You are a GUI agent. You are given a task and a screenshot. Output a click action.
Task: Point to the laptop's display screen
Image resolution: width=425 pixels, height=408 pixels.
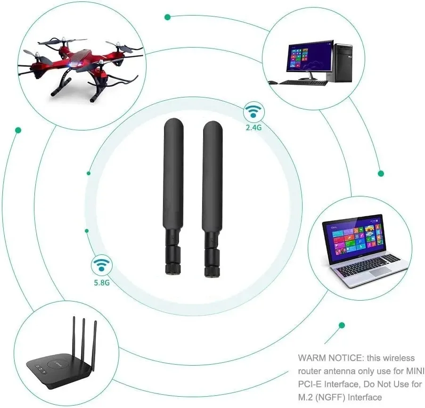[354, 238]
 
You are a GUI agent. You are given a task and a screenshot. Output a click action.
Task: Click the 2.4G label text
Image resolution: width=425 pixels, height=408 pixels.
[253, 127]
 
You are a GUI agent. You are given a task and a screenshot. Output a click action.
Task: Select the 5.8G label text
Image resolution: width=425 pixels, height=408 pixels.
[101, 283]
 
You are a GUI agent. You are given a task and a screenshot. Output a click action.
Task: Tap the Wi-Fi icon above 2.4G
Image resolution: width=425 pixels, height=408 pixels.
[253, 113]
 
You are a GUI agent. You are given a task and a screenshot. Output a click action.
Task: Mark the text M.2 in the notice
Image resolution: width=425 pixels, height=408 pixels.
[306, 398]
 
